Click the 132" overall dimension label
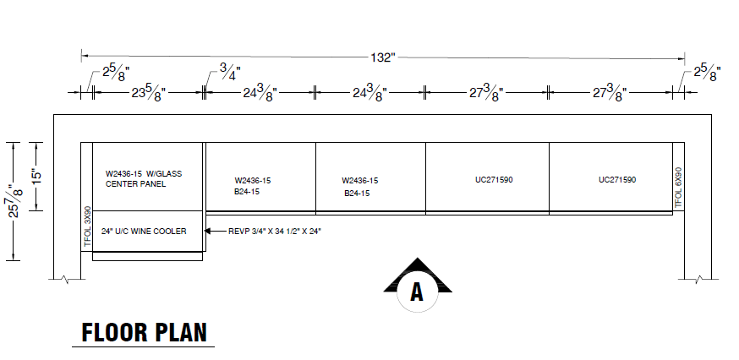tap(382, 57)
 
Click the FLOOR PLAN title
tap(143, 333)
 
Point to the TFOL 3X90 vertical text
tap(86, 226)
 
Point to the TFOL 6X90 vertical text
tap(677, 187)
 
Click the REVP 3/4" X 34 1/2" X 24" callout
tap(275, 231)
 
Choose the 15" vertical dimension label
tap(36, 176)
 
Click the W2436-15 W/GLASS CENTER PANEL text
tap(144, 178)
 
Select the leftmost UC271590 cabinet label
tap(495, 180)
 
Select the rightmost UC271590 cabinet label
tap(617, 180)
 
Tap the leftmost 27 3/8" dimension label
tap(485, 92)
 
